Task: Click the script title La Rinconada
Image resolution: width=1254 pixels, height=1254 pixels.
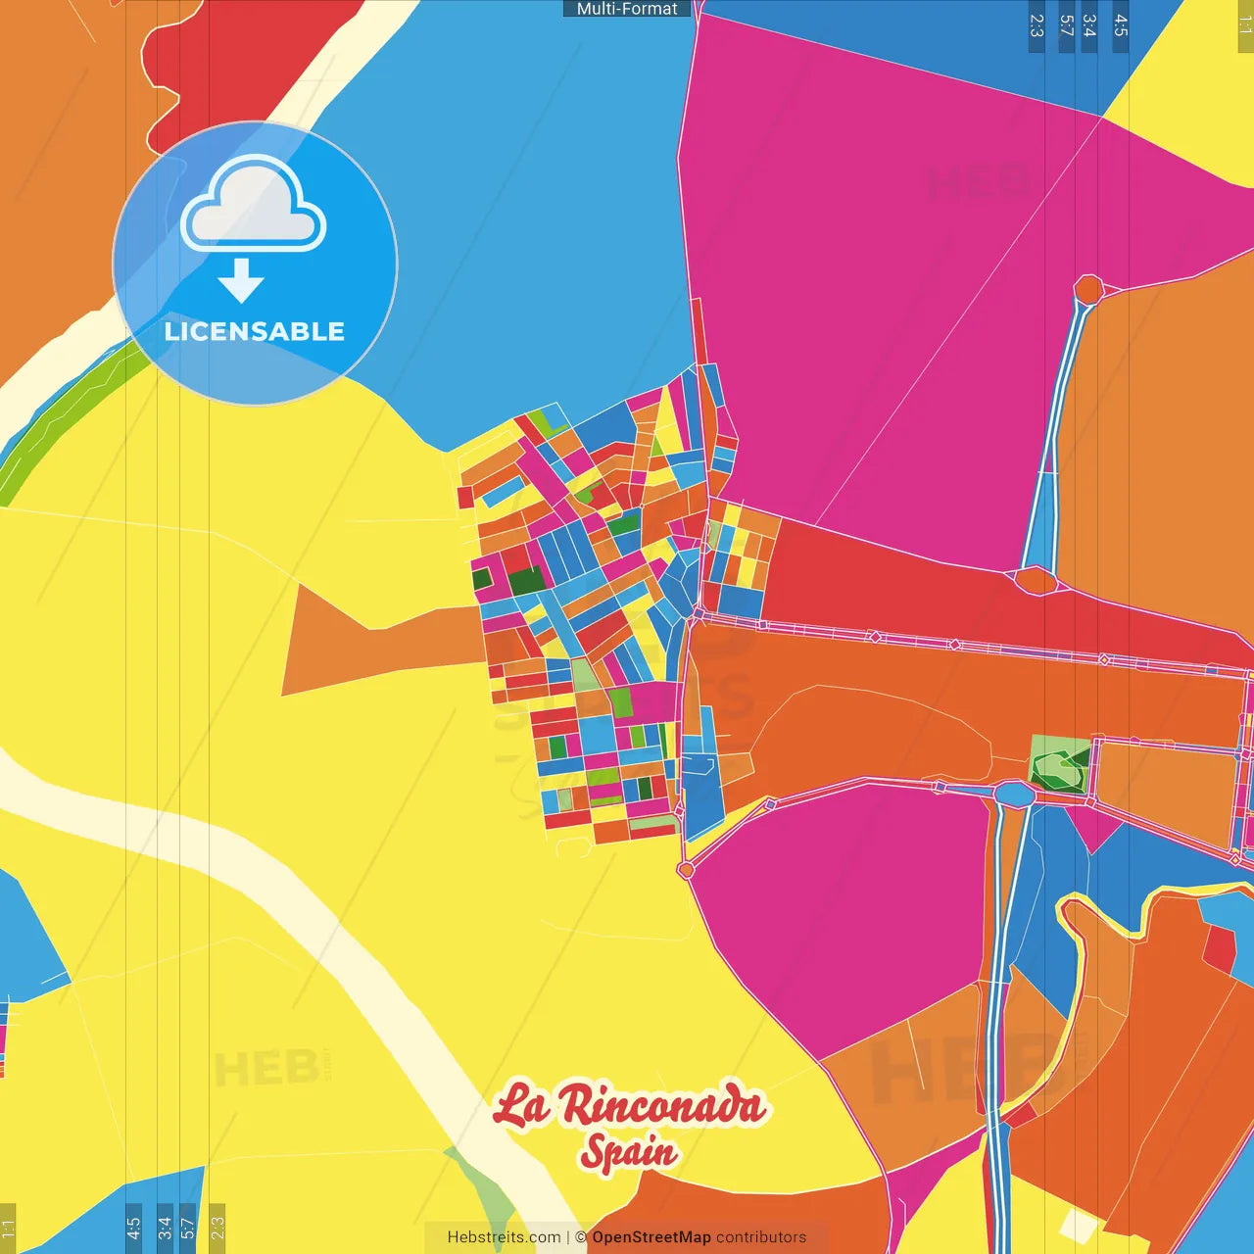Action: click(629, 1106)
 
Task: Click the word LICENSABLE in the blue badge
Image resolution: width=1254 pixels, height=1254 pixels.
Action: click(255, 331)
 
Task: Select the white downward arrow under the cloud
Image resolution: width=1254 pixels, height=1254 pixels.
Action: click(241, 280)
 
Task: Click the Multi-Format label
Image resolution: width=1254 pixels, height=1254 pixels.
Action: click(627, 9)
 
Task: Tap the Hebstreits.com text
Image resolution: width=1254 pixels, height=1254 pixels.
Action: click(504, 1237)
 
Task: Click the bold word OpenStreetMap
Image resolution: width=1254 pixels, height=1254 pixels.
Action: click(651, 1237)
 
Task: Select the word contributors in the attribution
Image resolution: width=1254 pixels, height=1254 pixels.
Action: click(761, 1237)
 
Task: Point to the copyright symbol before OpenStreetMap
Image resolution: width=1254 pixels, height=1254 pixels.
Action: click(581, 1237)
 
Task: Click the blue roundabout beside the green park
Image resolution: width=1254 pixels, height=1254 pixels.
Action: click(1015, 794)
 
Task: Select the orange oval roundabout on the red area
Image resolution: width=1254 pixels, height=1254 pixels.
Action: click(1035, 580)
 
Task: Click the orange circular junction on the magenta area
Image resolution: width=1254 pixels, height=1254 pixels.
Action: click(1088, 289)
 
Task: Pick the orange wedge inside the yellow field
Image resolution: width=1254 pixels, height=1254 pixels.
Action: click(372, 642)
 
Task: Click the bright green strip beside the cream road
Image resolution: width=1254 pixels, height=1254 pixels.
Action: click(59, 421)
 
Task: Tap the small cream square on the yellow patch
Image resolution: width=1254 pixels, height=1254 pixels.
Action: click(1078, 1224)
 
